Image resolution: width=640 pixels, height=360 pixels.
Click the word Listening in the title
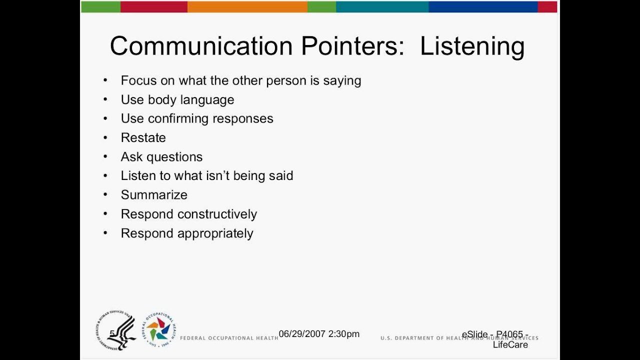click(x=472, y=46)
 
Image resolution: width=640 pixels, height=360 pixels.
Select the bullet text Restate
click(x=143, y=137)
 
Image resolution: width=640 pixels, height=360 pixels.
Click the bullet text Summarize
click(x=154, y=195)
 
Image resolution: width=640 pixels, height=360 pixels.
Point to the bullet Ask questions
click(x=161, y=157)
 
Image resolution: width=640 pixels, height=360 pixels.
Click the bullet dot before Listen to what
click(x=105, y=175)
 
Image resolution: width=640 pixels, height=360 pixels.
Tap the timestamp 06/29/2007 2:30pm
click(x=319, y=334)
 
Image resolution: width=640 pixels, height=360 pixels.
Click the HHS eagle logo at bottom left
click(x=115, y=330)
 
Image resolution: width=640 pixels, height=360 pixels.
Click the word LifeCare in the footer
click(x=510, y=344)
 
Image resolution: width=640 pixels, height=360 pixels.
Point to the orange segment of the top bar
click(x=247, y=7)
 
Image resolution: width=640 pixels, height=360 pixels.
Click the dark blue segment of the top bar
click(x=482, y=7)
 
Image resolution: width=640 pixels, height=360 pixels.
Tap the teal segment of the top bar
click(x=382, y=7)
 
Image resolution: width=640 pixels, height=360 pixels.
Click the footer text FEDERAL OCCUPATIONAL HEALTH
click(x=228, y=338)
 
